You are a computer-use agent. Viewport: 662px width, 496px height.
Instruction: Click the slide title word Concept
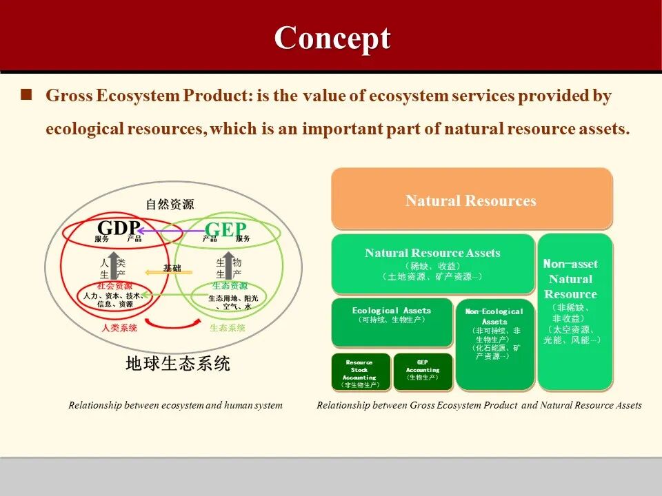[x=332, y=38]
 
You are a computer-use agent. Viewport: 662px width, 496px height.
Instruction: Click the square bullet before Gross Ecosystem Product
[x=27, y=95]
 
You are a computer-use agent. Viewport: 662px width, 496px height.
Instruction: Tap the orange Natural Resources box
[x=471, y=200]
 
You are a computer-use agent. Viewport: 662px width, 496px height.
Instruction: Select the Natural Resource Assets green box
[x=432, y=264]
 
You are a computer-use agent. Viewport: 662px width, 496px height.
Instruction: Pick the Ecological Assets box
[x=392, y=322]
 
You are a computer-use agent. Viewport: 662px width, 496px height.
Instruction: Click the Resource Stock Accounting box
[x=359, y=373]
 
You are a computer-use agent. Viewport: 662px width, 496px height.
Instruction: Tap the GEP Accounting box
[x=422, y=372]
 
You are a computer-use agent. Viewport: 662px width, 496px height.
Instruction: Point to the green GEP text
[x=225, y=228]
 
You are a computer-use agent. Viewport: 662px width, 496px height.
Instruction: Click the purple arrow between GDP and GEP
[x=172, y=231]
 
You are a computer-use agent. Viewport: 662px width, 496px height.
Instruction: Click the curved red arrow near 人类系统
[x=170, y=323]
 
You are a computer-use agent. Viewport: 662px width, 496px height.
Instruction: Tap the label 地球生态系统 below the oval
[x=177, y=363]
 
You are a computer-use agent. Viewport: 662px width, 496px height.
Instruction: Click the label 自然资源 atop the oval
[x=170, y=204]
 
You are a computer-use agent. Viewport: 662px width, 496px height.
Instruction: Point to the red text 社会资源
[x=115, y=286]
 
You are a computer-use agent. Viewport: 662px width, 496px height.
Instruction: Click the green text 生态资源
[x=230, y=286]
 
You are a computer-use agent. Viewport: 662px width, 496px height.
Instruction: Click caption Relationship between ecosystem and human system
[x=175, y=405]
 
